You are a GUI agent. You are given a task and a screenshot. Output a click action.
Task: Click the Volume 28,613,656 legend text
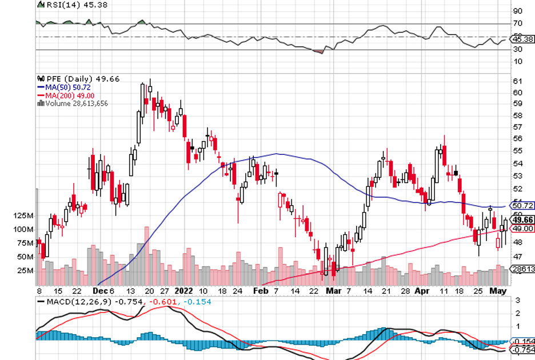tap(75, 103)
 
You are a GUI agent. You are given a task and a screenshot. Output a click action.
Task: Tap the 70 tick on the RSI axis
tap(518, 23)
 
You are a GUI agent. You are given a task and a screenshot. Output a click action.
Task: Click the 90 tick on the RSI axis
tap(518, 11)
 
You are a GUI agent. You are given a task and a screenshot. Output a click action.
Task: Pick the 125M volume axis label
tap(25, 216)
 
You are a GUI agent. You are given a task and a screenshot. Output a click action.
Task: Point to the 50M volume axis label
tap(26, 257)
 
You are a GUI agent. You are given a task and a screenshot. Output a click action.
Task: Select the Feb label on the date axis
tap(259, 290)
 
